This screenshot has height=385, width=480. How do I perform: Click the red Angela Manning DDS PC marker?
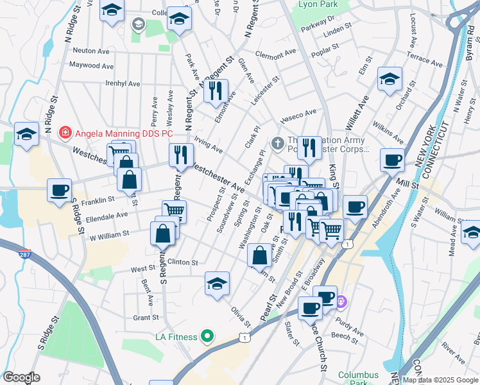coord(65,133)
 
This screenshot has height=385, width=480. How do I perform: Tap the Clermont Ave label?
coord(275,54)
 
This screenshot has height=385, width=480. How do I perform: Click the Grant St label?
coord(146,318)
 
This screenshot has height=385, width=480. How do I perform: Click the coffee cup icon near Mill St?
coord(392,160)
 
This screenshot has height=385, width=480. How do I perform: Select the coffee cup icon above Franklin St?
coord(60,191)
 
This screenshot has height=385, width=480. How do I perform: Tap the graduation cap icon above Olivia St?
coord(218,283)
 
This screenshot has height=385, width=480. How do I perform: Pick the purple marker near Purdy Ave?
coord(341,301)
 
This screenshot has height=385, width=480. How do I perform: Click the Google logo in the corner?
coord(22,378)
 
